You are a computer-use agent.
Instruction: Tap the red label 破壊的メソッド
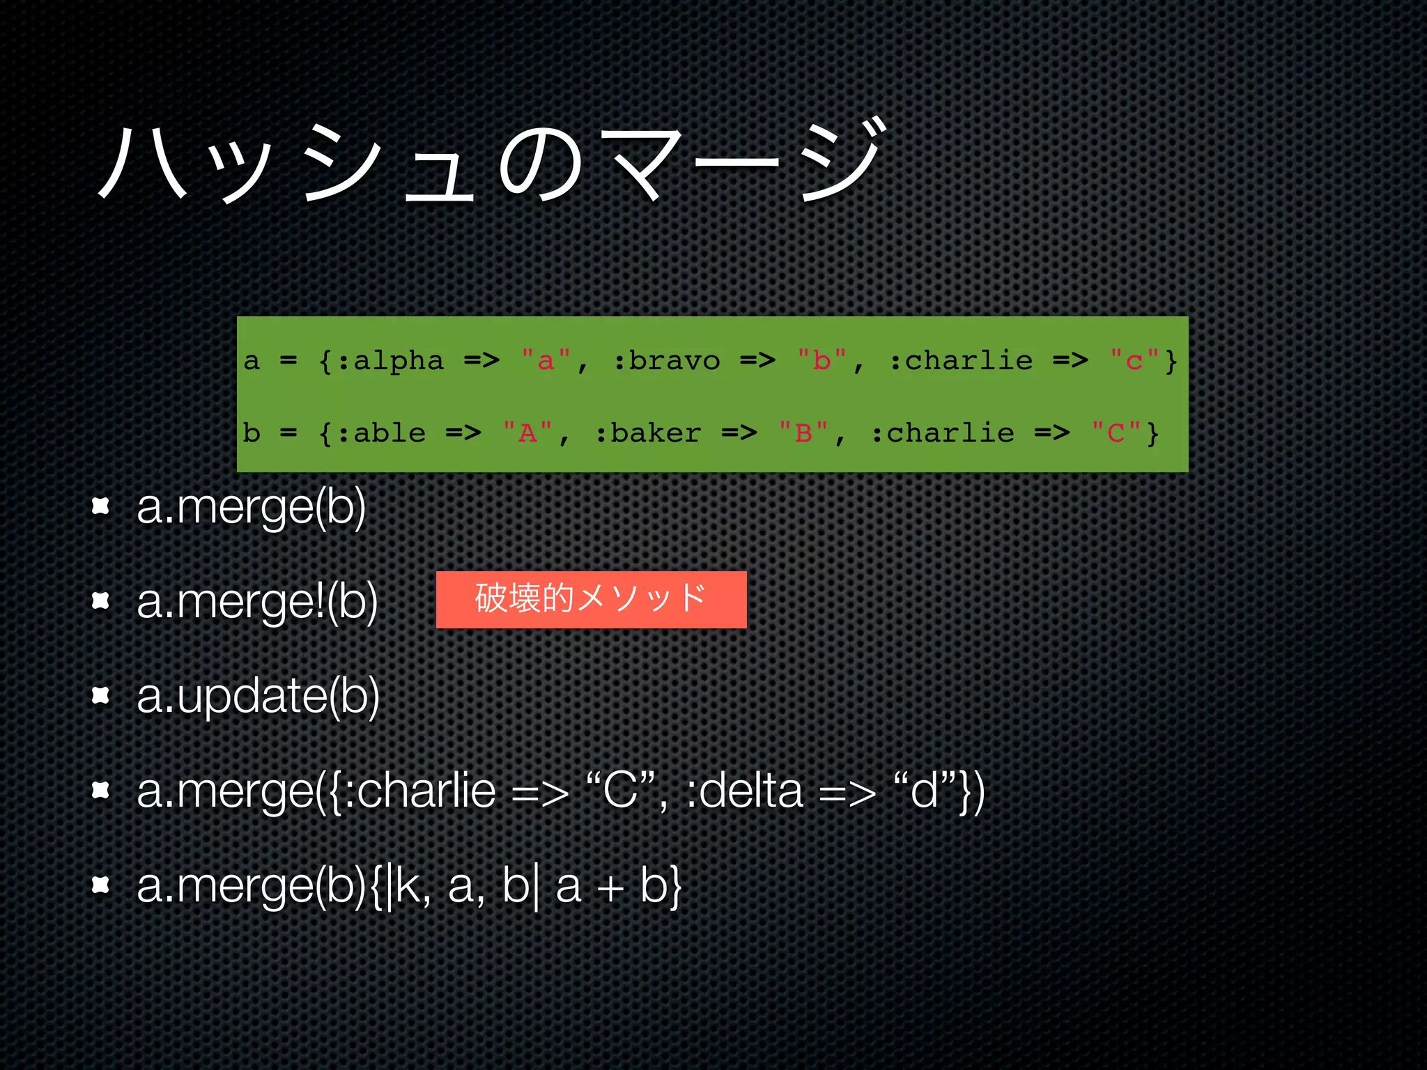coord(591,599)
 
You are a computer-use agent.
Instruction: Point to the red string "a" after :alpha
coord(546,361)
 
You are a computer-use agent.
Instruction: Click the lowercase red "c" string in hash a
coord(1134,361)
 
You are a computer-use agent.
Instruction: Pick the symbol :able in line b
coord(381,433)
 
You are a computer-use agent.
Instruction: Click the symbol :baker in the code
coord(648,433)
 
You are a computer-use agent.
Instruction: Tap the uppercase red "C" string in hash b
coord(1116,433)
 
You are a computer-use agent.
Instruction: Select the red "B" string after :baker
coord(803,433)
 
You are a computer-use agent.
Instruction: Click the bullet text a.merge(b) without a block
coord(251,507)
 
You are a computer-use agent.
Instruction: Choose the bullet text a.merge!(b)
coord(257,601)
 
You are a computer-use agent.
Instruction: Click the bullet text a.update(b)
coord(258,695)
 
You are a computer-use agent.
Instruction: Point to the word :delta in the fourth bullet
coord(744,791)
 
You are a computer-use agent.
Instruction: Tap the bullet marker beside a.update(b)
coord(101,695)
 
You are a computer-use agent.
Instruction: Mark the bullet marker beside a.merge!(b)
coord(101,600)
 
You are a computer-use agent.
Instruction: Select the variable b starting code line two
coord(252,433)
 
